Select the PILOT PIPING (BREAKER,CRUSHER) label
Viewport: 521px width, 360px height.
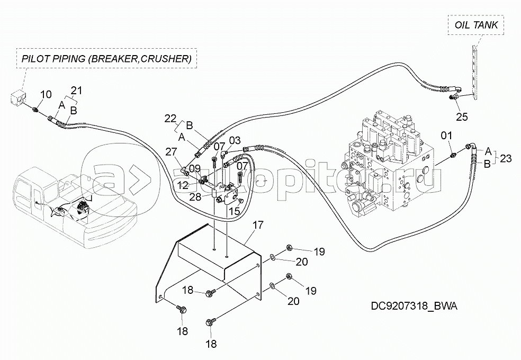(x=106, y=58)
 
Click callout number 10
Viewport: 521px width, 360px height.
(x=46, y=95)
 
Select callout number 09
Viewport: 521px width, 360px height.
(x=195, y=169)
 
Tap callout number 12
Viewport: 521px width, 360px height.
(x=183, y=185)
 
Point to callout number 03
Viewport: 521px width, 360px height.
(x=235, y=140)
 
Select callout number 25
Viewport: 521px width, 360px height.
(x=462, y=117)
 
